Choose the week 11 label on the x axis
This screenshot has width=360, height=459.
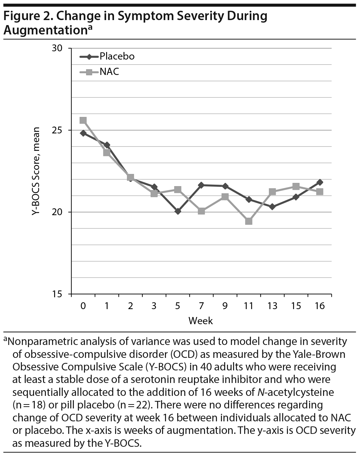[248, 306]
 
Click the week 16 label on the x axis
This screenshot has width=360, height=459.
[319, 306]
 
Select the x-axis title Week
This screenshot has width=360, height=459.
[201, 320]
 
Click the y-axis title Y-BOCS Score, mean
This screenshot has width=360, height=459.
[35, 171]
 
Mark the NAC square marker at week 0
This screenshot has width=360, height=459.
[83, 120]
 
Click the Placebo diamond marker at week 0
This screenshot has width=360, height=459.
[83, 133]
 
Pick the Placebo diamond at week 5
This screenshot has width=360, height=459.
[178, 211]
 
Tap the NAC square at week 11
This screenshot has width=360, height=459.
[248, 221]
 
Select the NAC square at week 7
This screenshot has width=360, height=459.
[201, 211]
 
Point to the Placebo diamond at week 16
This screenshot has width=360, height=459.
[319, 183]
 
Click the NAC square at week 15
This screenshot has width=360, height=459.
[296, 186]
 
